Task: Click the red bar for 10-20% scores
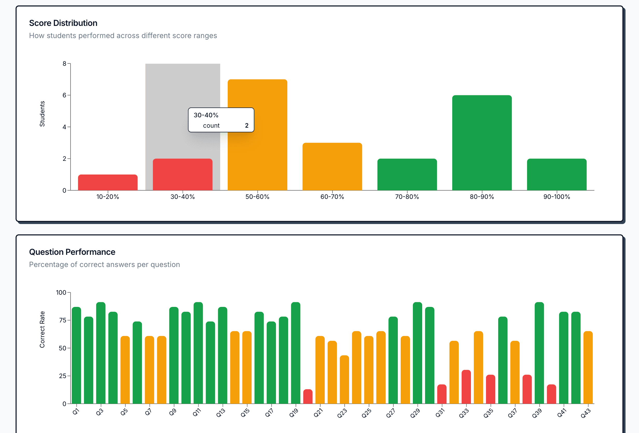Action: (108, 182)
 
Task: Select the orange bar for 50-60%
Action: (257, 154)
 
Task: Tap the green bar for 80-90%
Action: (482, 143)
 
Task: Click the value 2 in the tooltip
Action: (247, 126)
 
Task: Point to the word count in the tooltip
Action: (211, 126)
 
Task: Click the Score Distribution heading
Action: (63, 23)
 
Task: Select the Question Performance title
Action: (72, 252)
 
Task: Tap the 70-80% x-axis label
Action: (407, 197)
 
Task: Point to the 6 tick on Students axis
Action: (64, 95)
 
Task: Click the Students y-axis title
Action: (42, 114)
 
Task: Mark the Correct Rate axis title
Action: (42, 329)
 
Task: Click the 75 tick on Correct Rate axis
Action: (63, 320)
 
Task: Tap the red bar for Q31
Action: (442, 394)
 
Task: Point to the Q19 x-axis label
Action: (294, 413)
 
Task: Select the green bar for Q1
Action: (77, 355)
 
